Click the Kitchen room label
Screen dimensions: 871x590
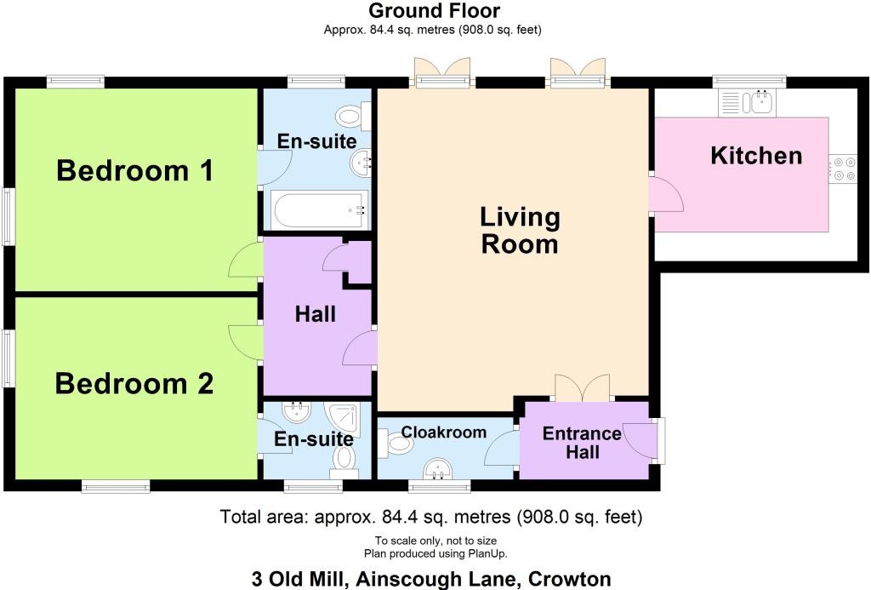756,156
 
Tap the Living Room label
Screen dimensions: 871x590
520,230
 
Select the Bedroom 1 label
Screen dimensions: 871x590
135,170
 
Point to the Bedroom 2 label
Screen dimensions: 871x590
134,384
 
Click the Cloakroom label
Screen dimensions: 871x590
443,432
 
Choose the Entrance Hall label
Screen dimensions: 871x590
582,442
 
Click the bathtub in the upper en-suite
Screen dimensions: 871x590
320,209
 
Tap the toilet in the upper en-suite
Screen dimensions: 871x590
353,116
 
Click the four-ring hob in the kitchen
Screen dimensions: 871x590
844,169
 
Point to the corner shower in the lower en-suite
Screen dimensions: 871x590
343,419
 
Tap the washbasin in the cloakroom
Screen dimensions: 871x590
440,469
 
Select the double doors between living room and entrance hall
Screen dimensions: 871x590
582,389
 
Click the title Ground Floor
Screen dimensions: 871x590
434,10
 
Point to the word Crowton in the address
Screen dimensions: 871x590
569,579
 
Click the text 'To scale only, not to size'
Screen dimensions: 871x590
435,541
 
